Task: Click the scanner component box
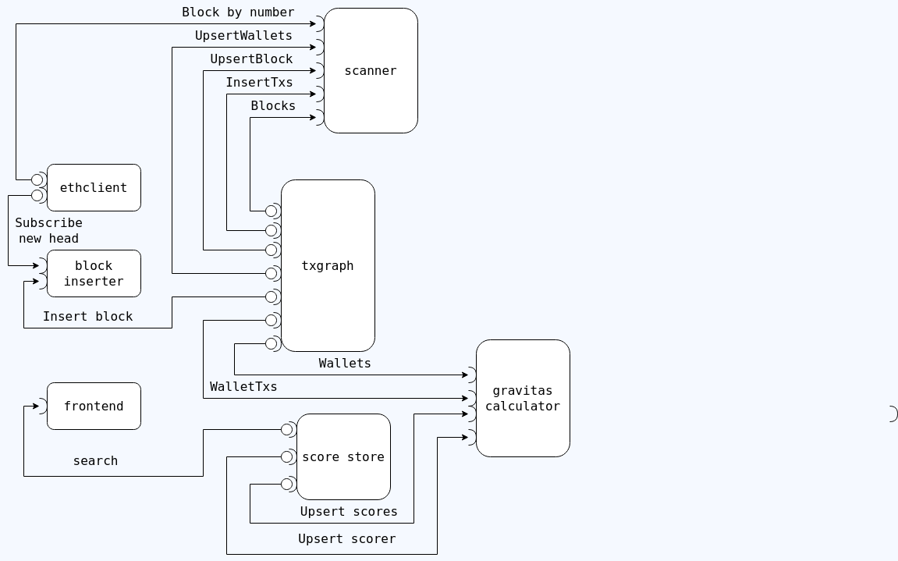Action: click(371, 70)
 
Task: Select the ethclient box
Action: click(94, 187)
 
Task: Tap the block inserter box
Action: click(94, 273)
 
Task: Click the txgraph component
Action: click(328, 265)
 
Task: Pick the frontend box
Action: click(94, 406)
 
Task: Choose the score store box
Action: click(343, 456)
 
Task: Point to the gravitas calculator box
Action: click(523, 398)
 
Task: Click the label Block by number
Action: click(238, 12)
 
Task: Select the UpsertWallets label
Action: click(243, 35)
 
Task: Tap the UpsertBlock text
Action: click(251, 59)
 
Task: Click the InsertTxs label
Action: click(259, 82)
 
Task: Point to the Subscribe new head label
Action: click(48, 230)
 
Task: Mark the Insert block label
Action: click(87, 316)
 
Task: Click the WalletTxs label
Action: click(243, 386)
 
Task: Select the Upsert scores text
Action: click(349, 511)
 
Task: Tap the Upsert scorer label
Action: click(346, 538)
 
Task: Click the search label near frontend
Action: click(95, 460)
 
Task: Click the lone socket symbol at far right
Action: click(893, 414)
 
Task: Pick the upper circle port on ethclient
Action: click(37, 179)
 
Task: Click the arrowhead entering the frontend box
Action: click(35, 406)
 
